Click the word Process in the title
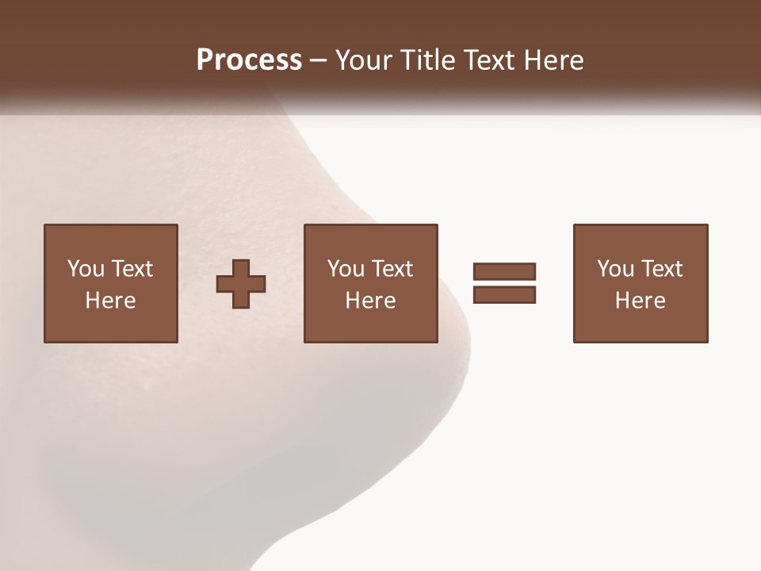tap(249, 59)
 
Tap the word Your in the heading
tap(363, 59)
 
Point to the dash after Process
tap(318, 61)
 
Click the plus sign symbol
tap(241, 284)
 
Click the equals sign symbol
tap(504, 283)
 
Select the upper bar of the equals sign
tap(504, 272)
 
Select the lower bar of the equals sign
tap(504, 294)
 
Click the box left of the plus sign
tap(111, 283)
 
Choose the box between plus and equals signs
tap(370, 283)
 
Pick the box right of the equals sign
tap(641, 283)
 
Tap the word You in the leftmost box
tap(86, 268)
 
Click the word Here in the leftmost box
tap(111, 300)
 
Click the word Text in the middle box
tap(392, 268)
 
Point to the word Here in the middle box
tap(370, 300)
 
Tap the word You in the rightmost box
tap(615, 268)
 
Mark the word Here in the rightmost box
tap(641, 300)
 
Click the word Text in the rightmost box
tap(662, 268)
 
